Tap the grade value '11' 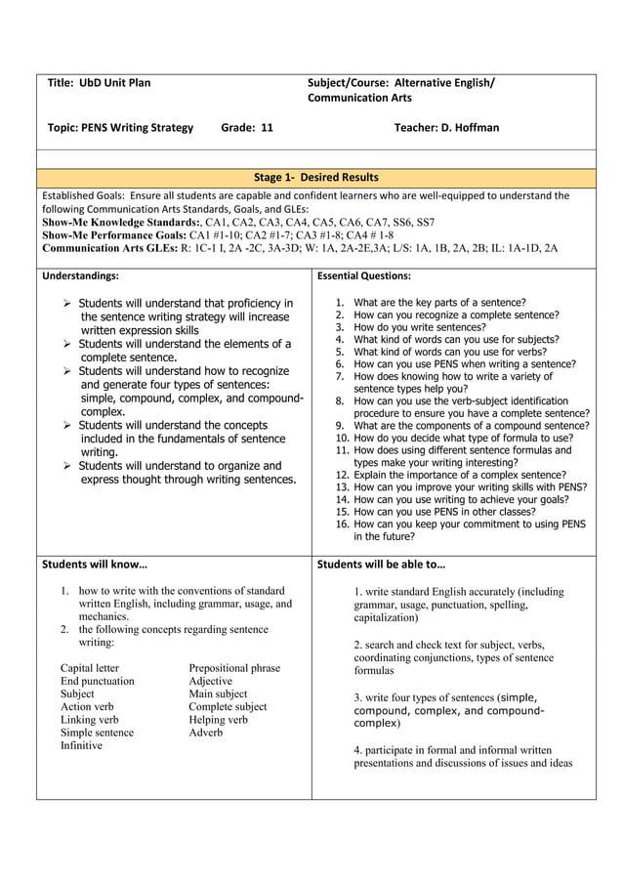tap(267, 128)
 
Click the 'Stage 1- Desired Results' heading tap(315, 178)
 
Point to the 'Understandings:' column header tap(81, 276)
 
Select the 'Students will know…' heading tap(95, 565)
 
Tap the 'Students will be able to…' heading tap(381, 565)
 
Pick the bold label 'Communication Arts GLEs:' tap(107, 248)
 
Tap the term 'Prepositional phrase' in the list tap(234, 669)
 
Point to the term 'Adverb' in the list tap(205, 733)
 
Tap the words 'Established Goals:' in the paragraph tap(83, 195)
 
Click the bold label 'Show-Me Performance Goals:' tap(113, 235)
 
